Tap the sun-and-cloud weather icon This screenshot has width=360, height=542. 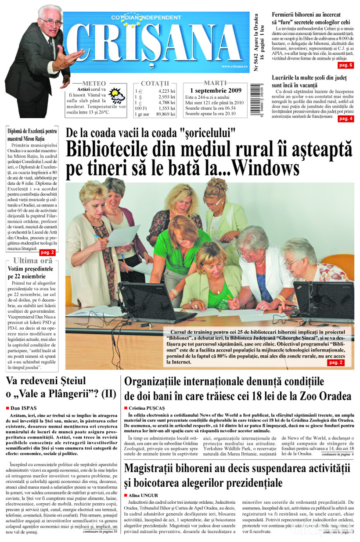click(x=117, y=95)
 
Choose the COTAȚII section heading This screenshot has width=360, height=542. click(x=155, y=83)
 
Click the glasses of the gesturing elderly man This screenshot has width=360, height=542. click(x=51, y=22)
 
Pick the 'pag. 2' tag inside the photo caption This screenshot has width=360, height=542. click(x=336, y=362)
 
